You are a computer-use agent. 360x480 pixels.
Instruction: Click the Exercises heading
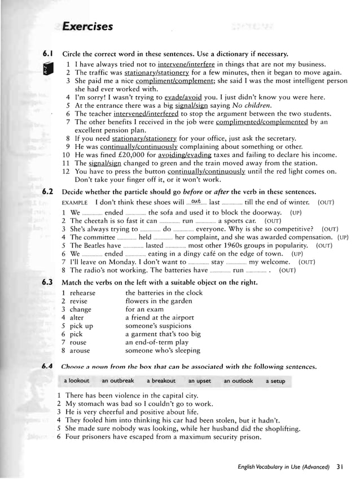tap(87, 27)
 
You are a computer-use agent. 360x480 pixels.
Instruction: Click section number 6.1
tap(48, 54)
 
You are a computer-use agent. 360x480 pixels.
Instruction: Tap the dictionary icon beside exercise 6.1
tap(49, 68)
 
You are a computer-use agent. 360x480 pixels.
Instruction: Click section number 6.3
tap(48, 281)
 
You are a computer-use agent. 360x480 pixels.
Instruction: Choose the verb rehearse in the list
tap(82, 293)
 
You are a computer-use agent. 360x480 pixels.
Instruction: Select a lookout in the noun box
tap(77, 381)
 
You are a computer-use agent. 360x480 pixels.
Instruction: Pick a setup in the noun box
tap(275, 381)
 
